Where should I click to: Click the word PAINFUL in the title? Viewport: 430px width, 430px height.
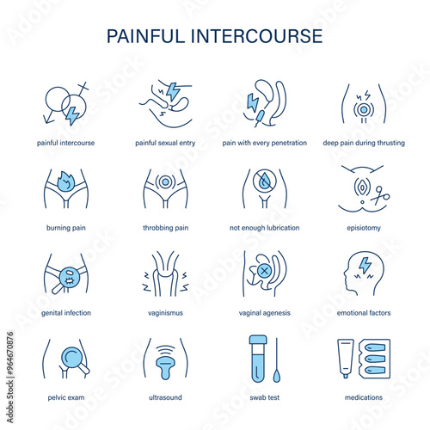[x=145, y=36]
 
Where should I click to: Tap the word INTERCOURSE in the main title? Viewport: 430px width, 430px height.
[x=257, y=36]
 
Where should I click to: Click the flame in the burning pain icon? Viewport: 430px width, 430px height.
[x=66, y=181]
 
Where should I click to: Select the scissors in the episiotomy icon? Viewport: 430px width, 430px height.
[x=380, y=196]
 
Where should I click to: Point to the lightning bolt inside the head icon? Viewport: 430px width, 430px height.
[x=365, y=265]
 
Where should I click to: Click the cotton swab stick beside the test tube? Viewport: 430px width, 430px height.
[x=277, y=360]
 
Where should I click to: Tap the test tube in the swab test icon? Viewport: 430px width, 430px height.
[x=258, y=359]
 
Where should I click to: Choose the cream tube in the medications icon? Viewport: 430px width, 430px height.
[x=346, y=359]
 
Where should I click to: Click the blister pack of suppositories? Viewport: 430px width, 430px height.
[x=374, y=359]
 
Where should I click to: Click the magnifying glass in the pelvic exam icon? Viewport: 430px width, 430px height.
[x=74, y=359]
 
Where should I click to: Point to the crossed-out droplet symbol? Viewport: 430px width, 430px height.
[x=264, y=181]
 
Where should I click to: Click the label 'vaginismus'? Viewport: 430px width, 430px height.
[x=165, y=313]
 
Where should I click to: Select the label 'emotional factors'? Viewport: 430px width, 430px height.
[x=364, y=313]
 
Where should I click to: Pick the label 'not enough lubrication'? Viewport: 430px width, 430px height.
[x=264, y=228]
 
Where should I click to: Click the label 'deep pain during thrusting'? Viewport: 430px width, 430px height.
[x=364, y=143]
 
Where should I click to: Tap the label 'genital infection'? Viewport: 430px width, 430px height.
[x=66, y=313]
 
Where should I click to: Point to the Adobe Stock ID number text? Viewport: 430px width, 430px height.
[x=10, y=353]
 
